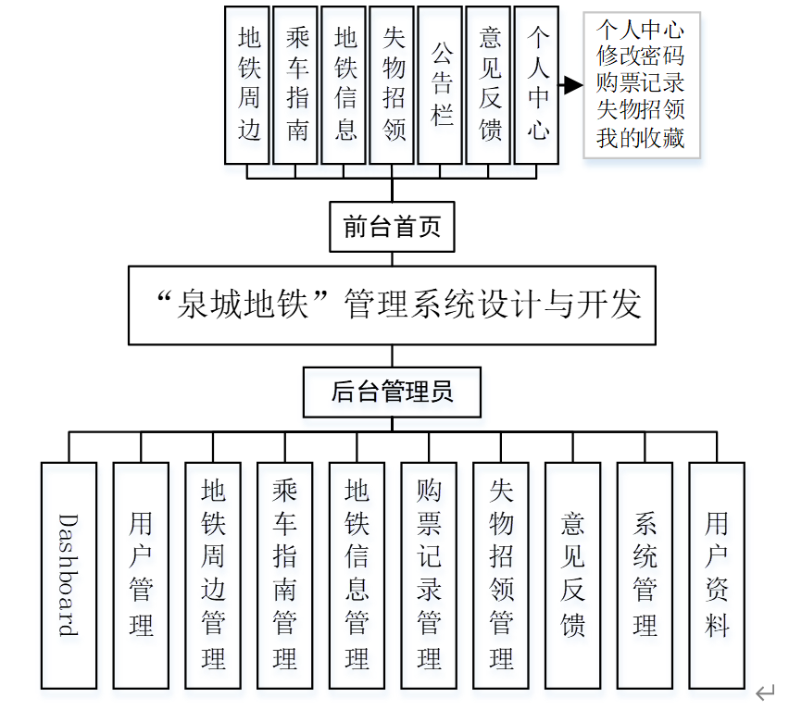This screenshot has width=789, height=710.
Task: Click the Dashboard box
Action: (x=69, y=575)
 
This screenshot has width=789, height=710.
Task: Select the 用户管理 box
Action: (x=141, y=575)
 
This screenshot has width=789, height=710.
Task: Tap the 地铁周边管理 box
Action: (x=213, y=575)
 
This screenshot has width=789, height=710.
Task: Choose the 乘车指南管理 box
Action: (x=284, y=575)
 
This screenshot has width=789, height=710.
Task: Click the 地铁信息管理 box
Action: (x=357, y=575)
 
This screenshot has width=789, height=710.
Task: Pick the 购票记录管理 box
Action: (x=429, y=575)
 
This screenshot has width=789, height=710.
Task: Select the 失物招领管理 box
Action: (x=501, y=575)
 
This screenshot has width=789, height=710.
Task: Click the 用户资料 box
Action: (x=717, y=575)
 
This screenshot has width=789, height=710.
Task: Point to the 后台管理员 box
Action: (x=393, y=392)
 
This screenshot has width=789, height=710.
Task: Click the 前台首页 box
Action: (x=392, y=227)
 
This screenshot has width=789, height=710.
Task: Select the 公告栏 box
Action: (x=441, y=84)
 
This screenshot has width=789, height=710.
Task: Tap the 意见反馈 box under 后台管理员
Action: (x=573, y=575)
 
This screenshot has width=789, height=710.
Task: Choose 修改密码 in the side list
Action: (x=640, y=55)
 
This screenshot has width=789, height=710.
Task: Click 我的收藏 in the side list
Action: (x=640, y=139)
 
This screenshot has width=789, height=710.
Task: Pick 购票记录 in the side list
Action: (x=640, y=82)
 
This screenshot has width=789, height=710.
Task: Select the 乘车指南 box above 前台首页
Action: (x=297, y=84)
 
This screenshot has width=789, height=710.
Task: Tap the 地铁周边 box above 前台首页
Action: (x=249, y=84)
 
